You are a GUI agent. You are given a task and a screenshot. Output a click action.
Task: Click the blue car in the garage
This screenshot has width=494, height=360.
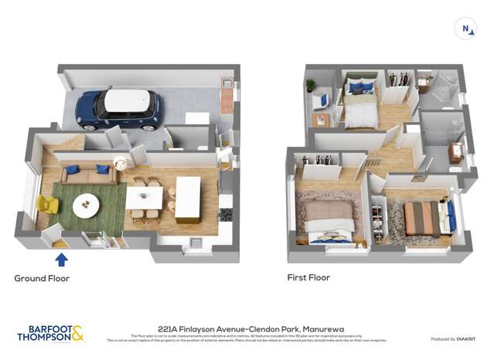click(x=118, y=110)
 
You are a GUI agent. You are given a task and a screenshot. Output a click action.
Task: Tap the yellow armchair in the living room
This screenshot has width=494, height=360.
click(x=47, y=205)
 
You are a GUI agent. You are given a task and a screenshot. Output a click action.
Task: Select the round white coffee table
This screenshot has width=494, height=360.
click(x=86, y=205)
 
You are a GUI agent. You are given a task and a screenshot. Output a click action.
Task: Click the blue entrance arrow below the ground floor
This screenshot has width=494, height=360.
click(x=62, y=259)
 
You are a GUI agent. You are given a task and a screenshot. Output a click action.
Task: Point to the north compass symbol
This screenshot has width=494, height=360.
click(x=466, y=29)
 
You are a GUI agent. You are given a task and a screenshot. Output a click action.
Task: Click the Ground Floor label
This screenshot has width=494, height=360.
click(x=42, y=278)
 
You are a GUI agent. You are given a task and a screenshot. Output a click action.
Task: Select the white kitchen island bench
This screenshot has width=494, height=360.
click(x=188, y=199)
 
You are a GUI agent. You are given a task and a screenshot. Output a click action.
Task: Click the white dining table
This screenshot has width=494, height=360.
click(x=144, y=198)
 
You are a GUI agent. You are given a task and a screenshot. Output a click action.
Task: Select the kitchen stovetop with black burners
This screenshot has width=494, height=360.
click(x=226, y=215)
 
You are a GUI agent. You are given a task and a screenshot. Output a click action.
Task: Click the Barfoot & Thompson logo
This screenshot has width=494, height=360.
click(x=50, y=334)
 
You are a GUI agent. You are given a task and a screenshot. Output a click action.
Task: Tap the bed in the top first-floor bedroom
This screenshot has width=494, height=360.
click(x=359, y=107)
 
